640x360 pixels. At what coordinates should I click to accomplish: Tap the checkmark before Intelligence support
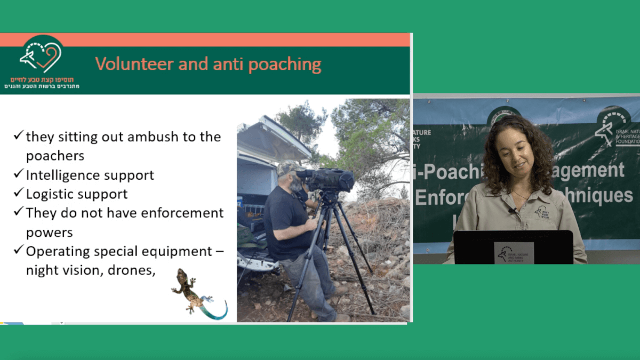18,174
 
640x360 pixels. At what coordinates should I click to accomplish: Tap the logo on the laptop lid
514,253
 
